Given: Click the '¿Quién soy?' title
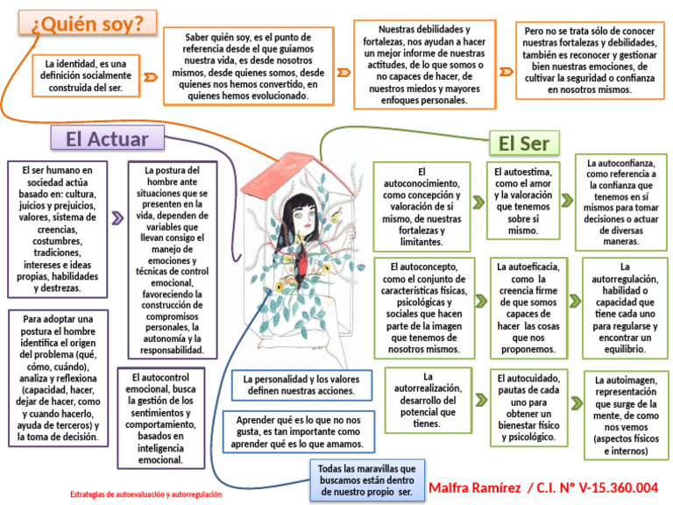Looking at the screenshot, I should tap(88, 26).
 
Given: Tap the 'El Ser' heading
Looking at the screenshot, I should tap(523, 143).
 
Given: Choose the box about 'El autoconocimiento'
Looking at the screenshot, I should tap(422, 206).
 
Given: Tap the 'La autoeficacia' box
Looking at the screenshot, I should tap(528, 307).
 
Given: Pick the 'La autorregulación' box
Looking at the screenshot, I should tap(625, 307).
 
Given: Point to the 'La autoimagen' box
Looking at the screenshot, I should tap(625, 416).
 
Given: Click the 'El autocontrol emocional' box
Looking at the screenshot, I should tap(166, 417).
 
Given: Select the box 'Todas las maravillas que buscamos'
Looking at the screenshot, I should tap(366, 480).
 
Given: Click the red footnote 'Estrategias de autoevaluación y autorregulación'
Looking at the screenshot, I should tap(146, 494).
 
